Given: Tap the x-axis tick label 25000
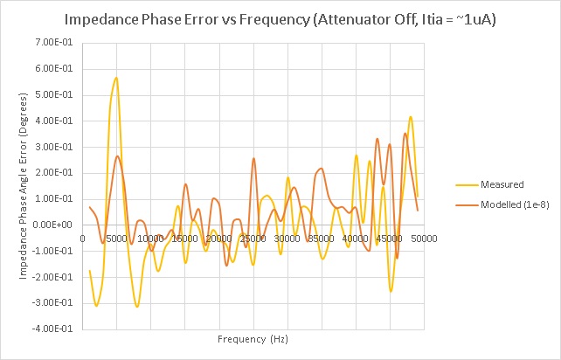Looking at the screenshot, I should point(253,238).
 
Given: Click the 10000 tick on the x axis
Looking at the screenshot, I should point(150,238).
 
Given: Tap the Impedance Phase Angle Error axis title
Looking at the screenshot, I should point(24,185).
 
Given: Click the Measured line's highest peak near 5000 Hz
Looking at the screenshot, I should point(116,78).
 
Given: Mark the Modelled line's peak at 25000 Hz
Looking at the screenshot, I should point(253,158).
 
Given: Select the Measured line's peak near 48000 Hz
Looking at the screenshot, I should point(411,116).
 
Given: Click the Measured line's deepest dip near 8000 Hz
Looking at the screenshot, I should point(137,307).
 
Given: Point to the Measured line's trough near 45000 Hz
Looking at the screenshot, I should point(391,291).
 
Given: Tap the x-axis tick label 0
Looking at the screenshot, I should point(82,238).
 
